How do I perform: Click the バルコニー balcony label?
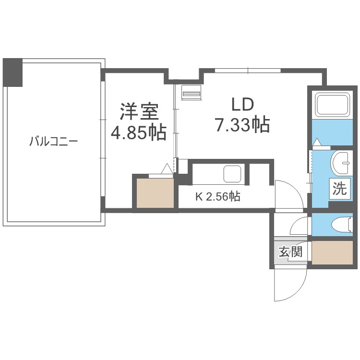coord(53,141)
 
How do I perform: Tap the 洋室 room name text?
coord(139,111)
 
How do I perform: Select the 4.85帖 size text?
coord(138,132)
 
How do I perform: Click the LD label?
coord(242,105)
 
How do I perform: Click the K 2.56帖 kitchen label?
coord(218,196)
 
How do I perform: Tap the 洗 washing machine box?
coord(340,189)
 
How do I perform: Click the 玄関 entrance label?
coord(290,252)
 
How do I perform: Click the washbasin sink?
coord(341,163)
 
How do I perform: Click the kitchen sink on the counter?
coord(232,174)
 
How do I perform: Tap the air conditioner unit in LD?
coord(191,93)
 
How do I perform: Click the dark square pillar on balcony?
coord(12,72)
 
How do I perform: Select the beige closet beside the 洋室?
coord(155,193)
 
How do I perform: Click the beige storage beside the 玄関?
coord(332,252)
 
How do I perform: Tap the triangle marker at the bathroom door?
coord(317,142)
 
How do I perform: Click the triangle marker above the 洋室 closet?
coord(167,168)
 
